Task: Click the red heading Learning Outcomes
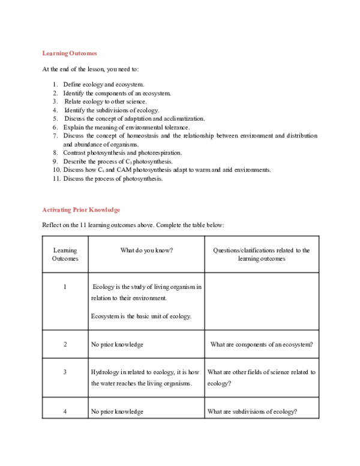tap(70, 53)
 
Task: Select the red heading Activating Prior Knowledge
tap(81, 210)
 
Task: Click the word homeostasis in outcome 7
tap(143, 136)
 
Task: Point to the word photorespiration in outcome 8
tap(159, 153)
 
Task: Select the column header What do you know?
tap(147, 250)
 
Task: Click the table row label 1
tap(65, 287)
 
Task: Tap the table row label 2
tap(65, 345)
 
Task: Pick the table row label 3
tap(65, 372)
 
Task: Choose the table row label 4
tap(65, 411)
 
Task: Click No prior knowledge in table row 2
tap(117, 345)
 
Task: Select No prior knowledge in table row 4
tap(117, 411)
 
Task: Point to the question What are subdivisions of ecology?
tap(253, 411)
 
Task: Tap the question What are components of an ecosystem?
tap(262, 345)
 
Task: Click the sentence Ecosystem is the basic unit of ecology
tap(141, 316)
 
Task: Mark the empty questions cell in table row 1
tap(262, 300)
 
